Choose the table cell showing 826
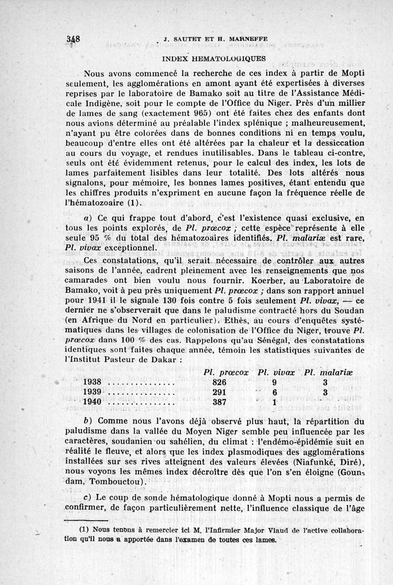[x=219, y=382]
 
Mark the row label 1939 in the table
[x=92, y=392]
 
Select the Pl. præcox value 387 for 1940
[x=219, y=402]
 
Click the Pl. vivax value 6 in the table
[x=275, y=392]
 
